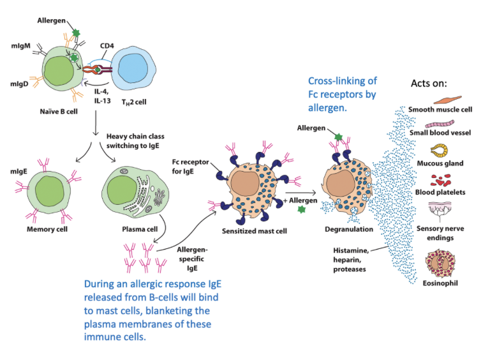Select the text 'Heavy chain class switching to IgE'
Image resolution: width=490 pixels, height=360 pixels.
pos(138,140)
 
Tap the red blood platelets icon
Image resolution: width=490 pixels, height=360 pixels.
pos(439,181)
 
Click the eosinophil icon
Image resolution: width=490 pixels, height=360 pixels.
pos(439,265)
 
